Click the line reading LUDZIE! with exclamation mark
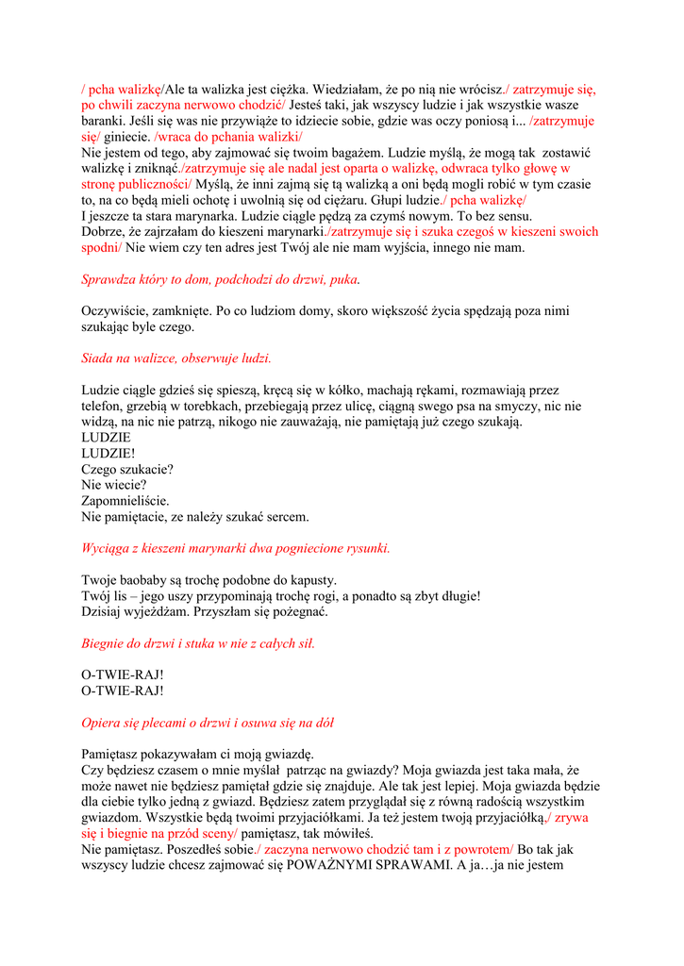(x=108, y=453)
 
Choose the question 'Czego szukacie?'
(x=127, y=469)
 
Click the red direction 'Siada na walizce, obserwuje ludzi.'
(x=176, y=358)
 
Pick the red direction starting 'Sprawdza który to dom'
(x=221, y=279)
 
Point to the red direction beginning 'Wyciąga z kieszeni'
(x=236, y=548)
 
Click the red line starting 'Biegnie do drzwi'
(x=198, y=643)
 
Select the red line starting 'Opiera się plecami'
(x=208, y=723)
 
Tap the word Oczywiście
(x=117, y=310)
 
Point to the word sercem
(x=287, y=516)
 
